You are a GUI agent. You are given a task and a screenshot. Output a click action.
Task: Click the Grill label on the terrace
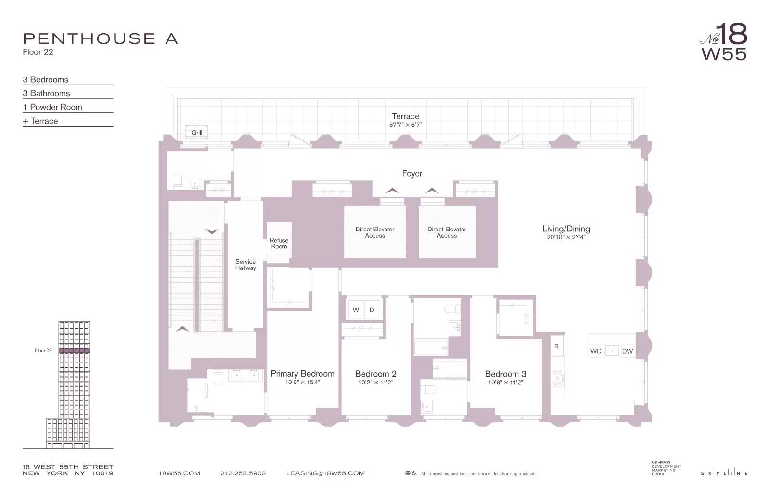pos(197,133)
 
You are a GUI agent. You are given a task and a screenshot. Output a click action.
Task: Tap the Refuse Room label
pos(279,243)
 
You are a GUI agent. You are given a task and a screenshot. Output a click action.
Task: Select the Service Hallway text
pos(245,265)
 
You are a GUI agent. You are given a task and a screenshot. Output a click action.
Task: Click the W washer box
pos(356,310)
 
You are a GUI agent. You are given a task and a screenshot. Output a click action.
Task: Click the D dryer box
pos(372,310)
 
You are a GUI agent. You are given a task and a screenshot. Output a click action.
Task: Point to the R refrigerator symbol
pos(556,346)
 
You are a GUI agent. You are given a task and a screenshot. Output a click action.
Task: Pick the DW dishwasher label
pos(627,351)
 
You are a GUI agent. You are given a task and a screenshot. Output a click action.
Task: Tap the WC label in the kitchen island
pos(596,351)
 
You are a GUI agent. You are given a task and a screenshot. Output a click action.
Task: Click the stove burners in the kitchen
pos(557,378)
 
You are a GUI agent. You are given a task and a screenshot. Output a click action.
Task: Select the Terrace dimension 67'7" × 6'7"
pos(405,125)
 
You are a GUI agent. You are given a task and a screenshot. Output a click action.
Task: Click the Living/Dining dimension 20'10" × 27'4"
pos(566,237)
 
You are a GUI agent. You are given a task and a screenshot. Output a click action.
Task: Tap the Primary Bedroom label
pos(302,374)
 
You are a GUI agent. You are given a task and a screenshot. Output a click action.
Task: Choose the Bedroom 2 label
pos(375,374)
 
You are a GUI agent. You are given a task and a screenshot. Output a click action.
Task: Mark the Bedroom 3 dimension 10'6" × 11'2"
pos(505,383)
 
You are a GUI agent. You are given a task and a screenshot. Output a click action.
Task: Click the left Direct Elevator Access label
pos(375,232)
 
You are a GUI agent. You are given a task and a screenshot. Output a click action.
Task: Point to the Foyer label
pos(412,173)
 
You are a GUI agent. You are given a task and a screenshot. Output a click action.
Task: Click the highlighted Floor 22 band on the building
pos(74,350)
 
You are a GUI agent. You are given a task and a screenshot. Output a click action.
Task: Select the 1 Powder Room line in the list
pos(53,107)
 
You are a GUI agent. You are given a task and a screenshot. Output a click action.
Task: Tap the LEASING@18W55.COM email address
pos(325,473)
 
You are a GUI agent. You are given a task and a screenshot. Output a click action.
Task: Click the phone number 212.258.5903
pos(243,473)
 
